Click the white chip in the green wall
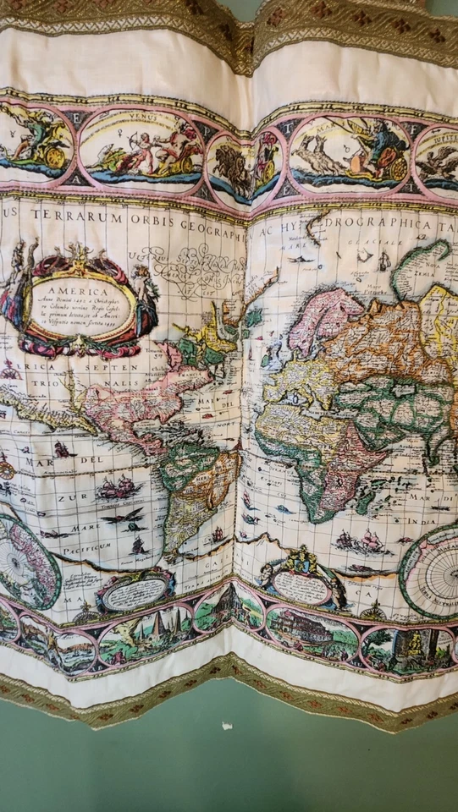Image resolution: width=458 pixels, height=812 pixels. pos(226,726)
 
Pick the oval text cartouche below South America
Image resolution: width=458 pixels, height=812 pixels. pos(136,592)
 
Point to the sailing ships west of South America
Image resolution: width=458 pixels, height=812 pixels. pos(119,487)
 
